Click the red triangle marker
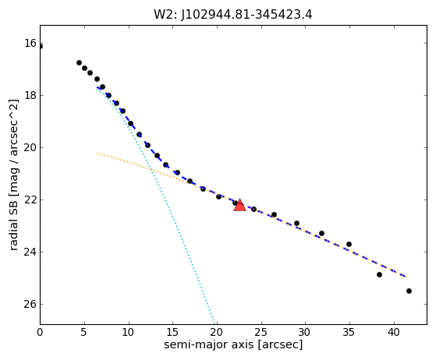pyautogui.click(x=239, y=205)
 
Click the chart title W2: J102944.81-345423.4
pyautogui.click(x=232, y=14)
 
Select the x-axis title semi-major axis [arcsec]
pyautogui.click(x=233, y=344)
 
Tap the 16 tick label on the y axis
pyautogui.click(x=30, y=43)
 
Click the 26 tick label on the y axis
pyautogui.click(x=30, y=304)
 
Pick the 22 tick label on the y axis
pyautogui.click(x=30, y=199)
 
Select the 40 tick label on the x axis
pyautogui.click(x=394, y=332)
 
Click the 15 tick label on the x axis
pyautogui.click(x=172, y=332)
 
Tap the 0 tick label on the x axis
pyautogui.click(x=40, y=332)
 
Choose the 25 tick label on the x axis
pyautogui.click(x=261, y=332)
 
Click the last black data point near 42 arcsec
pyautogui.click(x=409, y=291)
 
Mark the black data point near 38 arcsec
pyautogui.click(x=379, y=274)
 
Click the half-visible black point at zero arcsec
pyautogui.click(x=41, y=46)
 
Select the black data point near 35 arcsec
pyautogui.click(x=349, y=244)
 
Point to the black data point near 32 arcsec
pyautogui.click(x=321, y=233)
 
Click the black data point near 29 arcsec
pyautogui.click(x=296, y=223)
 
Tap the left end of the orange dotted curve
pyautogui.click(x=97, y=154)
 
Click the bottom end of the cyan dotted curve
pyautogui.click(x=214, y=323)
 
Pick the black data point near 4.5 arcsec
pyautogui.click(x=79, y=63)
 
